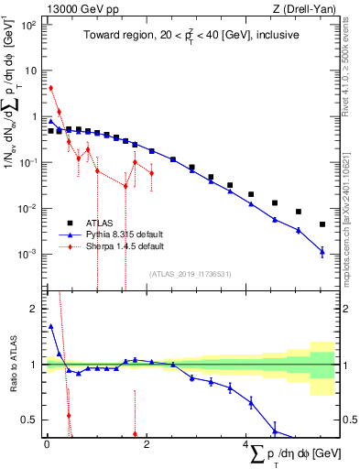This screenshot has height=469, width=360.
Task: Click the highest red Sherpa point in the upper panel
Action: [x=51, y=88]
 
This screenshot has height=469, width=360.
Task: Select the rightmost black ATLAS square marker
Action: [x=322, y=224]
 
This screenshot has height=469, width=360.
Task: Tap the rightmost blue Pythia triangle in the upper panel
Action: [x=322, y=251]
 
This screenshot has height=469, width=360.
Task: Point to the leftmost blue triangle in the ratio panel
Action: [x=51, y=325]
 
